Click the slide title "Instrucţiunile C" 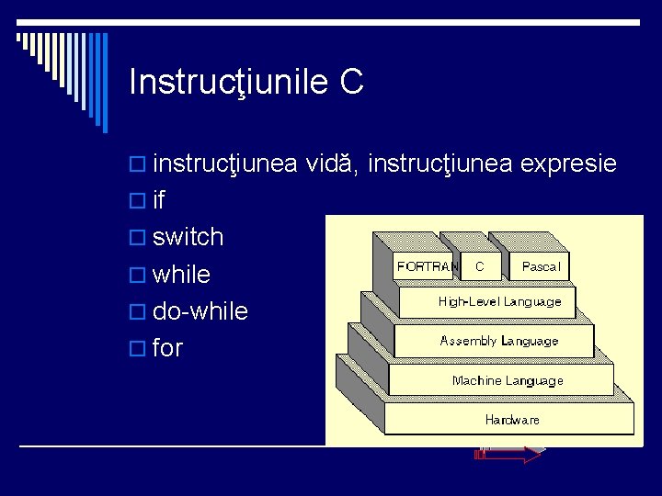(246, 82)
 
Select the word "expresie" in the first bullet (568, 164)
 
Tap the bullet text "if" (160, 200)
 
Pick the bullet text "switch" (188, 237)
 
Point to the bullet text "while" (181, 275)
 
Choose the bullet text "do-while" (200, 311)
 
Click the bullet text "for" (167, 348)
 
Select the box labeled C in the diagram (480, 266)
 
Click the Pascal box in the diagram (541, 266)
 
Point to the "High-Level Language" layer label (499, 301)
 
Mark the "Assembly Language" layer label (499, 341)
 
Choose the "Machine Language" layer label (508, 380)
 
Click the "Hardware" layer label (512, 420)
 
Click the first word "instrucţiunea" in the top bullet (225, 164)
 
